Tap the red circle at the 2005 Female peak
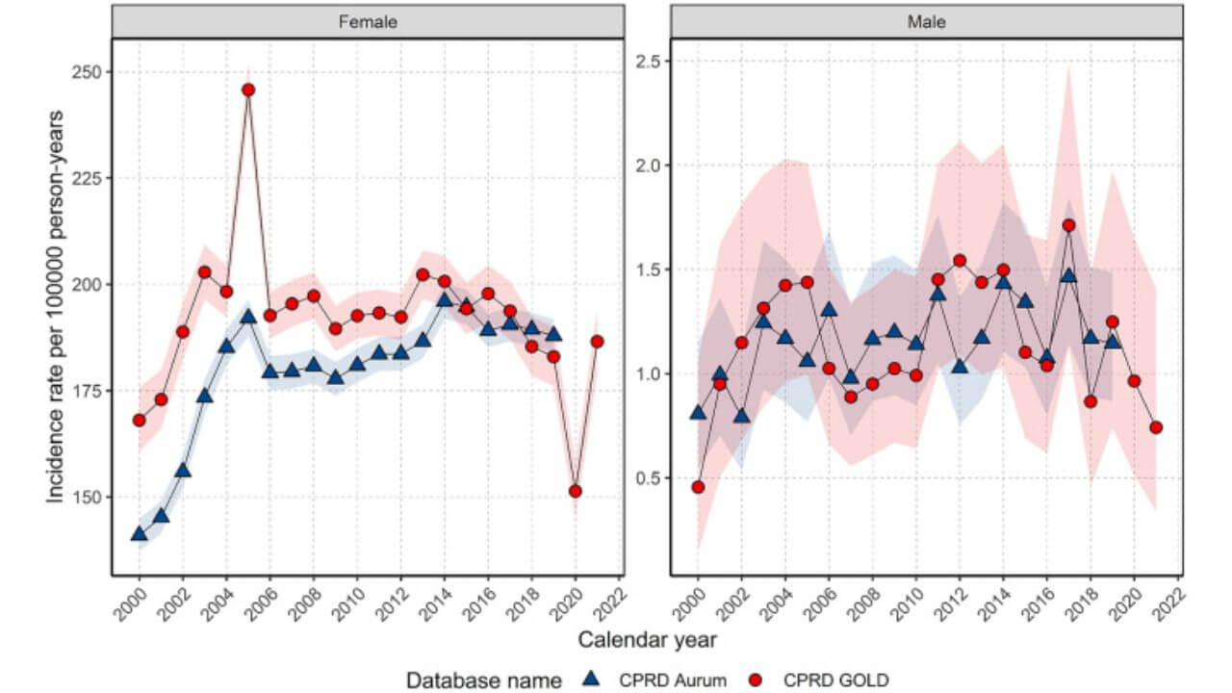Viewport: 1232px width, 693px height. click(248, 90)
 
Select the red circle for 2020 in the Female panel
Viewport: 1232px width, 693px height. click(576, 491)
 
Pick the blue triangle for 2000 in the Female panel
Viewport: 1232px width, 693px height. click(139, 533)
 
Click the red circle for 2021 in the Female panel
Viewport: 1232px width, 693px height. click(598, 341)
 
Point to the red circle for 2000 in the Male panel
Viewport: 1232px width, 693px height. click(698, 487)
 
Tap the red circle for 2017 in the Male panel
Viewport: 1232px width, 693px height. click(1068, 225)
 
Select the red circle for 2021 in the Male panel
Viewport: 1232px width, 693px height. click(1156, 427)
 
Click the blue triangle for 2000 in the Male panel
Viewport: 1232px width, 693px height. click(698, 413)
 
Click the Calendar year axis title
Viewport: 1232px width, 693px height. click(646, 638)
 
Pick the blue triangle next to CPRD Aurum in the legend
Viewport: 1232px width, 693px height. click(594, 680)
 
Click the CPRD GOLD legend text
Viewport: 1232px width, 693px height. click(835, 680)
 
